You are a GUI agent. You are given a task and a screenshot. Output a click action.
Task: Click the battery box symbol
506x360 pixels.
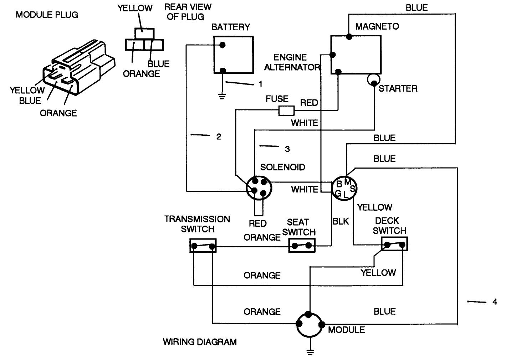[233, 55]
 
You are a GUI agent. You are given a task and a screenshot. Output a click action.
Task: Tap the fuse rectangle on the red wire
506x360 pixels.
[286, 111]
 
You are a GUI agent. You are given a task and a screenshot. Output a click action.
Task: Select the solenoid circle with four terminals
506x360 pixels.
[259, 188]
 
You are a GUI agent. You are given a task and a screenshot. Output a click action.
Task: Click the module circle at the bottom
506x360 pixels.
[310, 325]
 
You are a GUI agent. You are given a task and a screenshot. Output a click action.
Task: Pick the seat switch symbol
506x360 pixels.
[302, 246]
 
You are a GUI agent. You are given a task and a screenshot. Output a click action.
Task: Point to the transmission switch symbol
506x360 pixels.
[203, 246]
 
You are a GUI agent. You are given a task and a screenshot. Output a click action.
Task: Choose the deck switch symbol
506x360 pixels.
[394, 245]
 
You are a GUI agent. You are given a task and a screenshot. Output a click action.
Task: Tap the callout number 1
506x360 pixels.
[261, 84]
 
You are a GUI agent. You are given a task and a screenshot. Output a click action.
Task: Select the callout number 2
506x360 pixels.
[219, 137]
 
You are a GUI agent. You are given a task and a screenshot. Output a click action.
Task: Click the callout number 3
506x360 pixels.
[287, 149]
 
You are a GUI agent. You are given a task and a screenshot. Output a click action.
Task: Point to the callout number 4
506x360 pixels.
[495, 302]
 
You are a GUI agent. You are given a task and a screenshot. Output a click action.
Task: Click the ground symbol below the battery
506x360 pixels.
[222, 96]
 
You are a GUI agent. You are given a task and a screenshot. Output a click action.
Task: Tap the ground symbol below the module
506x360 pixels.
[310, 352]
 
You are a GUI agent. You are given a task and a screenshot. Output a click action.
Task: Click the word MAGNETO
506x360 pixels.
[377, 26]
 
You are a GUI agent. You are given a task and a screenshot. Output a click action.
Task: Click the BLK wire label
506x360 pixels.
[341, 221]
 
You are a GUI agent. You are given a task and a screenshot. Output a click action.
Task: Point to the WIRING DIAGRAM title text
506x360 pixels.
[200, 342]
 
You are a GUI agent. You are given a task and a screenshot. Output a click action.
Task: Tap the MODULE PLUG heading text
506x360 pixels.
[47, 15]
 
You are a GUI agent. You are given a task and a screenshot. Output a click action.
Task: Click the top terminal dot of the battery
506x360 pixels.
[222, 45]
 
